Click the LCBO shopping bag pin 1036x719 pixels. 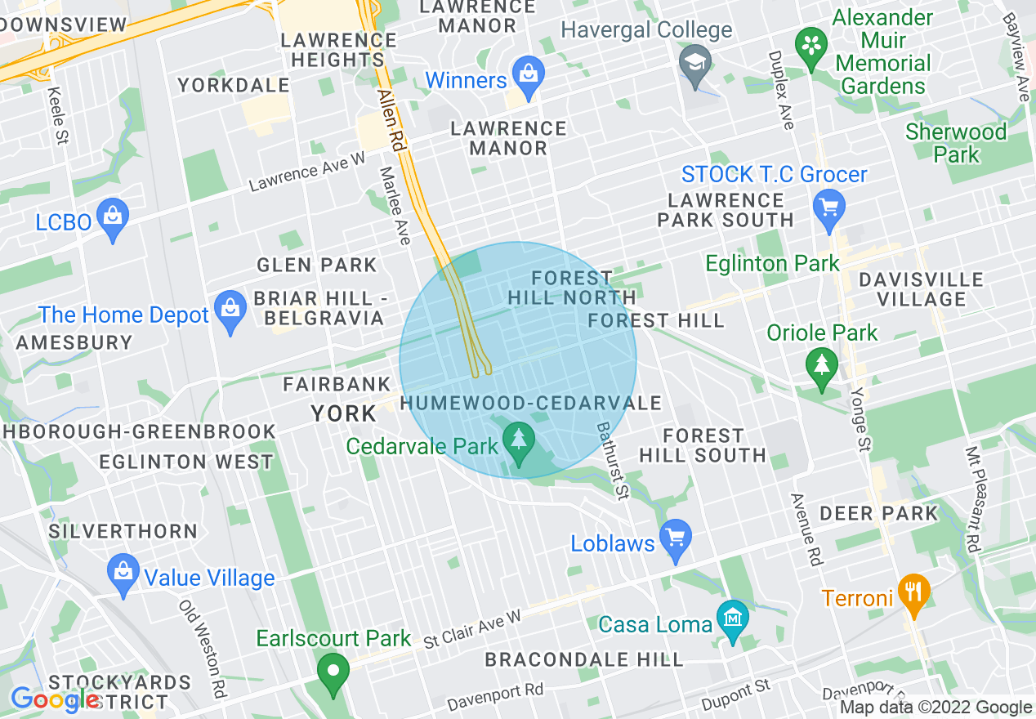coord(113,218)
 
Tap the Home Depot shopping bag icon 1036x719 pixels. coord(230,311)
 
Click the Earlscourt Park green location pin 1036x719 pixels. coord(333,672)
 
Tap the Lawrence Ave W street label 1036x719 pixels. coord(306,172)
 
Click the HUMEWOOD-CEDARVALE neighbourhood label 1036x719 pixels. coord(530,403)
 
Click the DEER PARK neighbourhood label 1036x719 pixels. coord(878,513)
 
